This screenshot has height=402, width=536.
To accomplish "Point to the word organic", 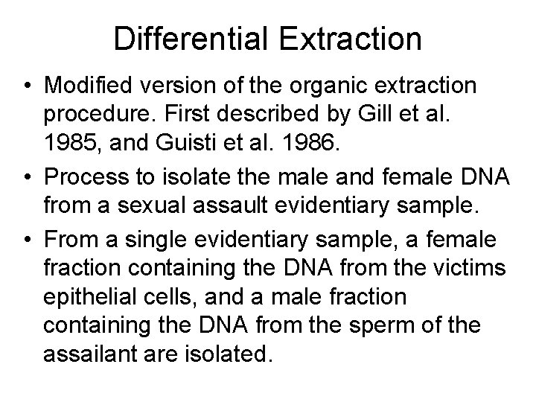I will (x=318, y=85).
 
